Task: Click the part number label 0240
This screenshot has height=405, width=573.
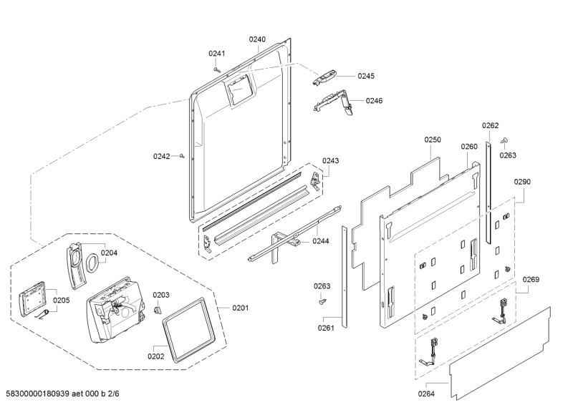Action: point(257,39)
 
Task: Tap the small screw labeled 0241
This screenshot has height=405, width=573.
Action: point(216,69)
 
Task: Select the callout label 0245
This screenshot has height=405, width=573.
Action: point(366,75)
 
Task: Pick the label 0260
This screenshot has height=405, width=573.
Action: point(468,147)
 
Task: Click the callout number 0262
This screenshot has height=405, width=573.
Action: point(490,125)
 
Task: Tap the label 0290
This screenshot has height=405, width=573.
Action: point(522,182)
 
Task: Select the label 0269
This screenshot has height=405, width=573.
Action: point(531,279)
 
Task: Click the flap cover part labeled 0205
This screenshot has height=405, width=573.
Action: point(32,296)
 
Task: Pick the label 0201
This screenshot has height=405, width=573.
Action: point(240,308)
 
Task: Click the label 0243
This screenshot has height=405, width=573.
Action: point(330,160)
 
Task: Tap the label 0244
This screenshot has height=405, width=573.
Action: point(320,241)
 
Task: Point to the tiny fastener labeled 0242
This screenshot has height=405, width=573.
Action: point(183,155)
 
